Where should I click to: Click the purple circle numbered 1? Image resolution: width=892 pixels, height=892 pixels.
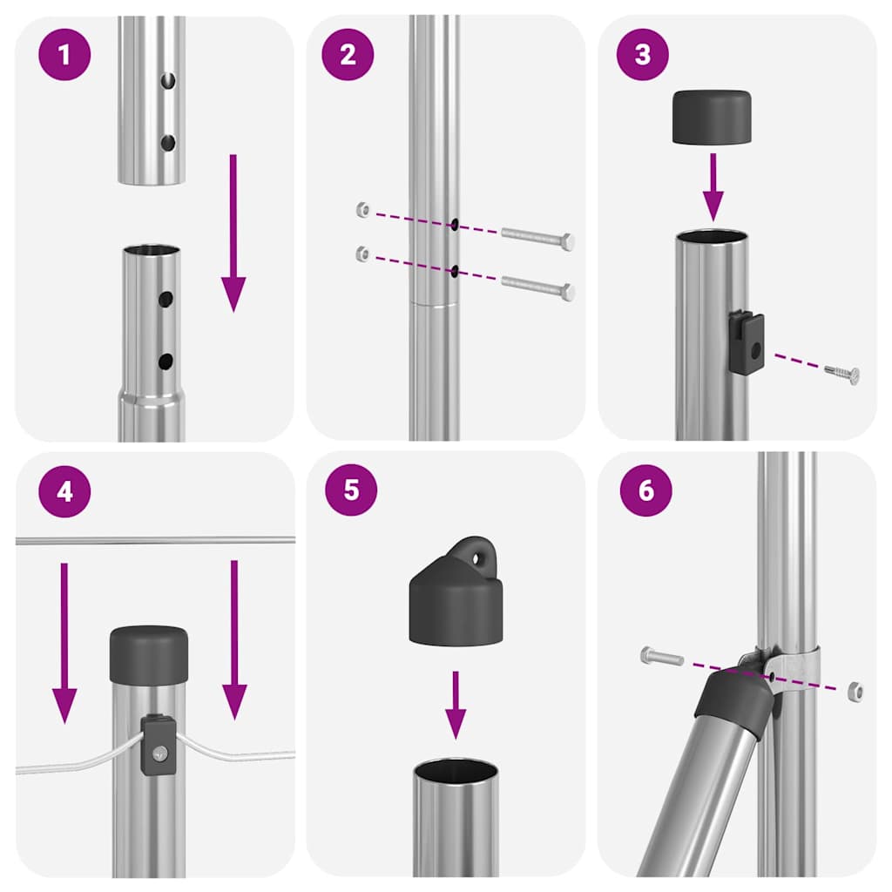pos(64,54)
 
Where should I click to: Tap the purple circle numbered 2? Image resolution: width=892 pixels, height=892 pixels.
pos(348,54)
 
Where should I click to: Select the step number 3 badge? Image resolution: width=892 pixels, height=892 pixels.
pos(642,54)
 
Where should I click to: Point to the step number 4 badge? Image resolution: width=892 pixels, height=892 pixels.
pos(64,492)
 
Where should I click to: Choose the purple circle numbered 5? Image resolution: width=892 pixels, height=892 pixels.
pos(351,489)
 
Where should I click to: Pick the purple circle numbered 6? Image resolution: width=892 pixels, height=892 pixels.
pos(645,490)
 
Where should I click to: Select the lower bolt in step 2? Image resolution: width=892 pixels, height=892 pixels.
pos(538,288)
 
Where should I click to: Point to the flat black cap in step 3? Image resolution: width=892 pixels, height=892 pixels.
pos(712,117)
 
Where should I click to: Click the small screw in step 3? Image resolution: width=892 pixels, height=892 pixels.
pos(842,374)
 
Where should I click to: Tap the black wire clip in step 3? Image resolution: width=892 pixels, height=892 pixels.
pos(747,343)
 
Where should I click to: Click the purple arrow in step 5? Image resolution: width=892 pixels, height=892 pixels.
pos(455,704)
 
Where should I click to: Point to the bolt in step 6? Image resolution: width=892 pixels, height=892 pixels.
pos(662,656)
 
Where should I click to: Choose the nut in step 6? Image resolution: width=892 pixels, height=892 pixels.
pos(855,692)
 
